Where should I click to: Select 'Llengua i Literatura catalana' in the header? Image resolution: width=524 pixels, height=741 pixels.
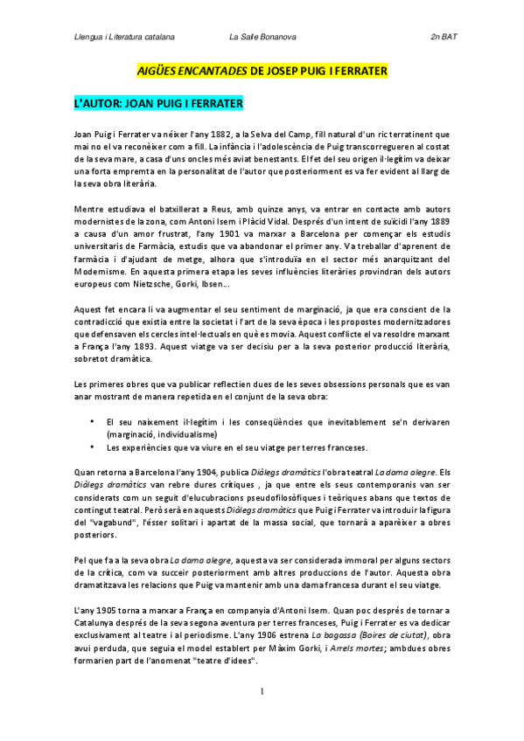pyautogui.click(x=124, y=38)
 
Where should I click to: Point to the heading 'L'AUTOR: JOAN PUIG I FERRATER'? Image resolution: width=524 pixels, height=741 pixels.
pyautogui.click(x=157, y=103)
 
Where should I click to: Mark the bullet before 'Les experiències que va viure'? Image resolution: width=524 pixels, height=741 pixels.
pyautogui.click(x=93, y=447)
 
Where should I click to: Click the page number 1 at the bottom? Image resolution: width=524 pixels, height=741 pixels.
pyautogui.click(x=262, y=715)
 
